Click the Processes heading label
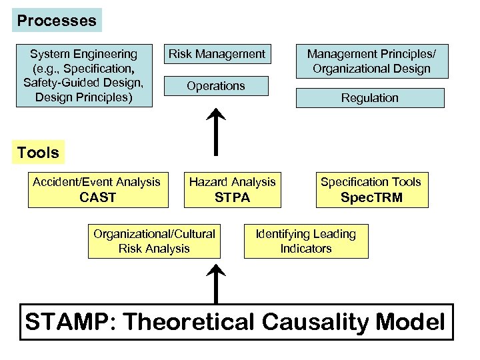57,21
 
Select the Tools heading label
38,153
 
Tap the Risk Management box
217,54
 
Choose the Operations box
216,86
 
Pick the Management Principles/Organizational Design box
369,61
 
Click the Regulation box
370,98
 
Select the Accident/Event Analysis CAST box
97,189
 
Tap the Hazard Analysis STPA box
232,189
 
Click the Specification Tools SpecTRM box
371,189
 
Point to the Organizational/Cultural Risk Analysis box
154,241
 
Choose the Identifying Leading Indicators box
306,241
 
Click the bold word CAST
97,197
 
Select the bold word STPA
232,197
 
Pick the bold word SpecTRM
371,197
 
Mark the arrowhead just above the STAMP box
217,270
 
